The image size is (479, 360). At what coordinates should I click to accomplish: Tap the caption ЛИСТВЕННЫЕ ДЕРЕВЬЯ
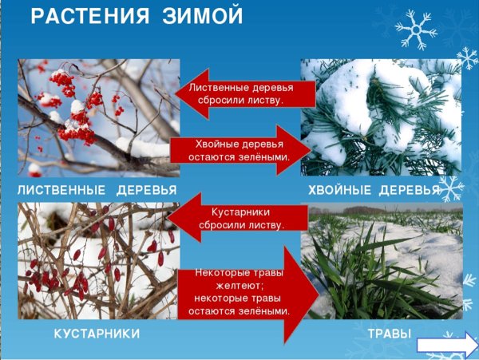coord(97,190)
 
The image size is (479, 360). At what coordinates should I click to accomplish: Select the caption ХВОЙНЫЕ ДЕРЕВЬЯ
coord(374,190)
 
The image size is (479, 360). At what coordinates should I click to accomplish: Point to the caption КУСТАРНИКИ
coord(97,332)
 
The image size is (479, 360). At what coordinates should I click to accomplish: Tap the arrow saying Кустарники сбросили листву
coord(239,218)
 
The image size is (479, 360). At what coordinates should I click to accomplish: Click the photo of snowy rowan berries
coord(98,117)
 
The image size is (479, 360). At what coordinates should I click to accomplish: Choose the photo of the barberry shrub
coord(98,261)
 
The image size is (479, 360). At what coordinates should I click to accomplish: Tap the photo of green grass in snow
coord(381,261)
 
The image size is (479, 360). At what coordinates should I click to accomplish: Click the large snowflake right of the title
coord(416,30)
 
